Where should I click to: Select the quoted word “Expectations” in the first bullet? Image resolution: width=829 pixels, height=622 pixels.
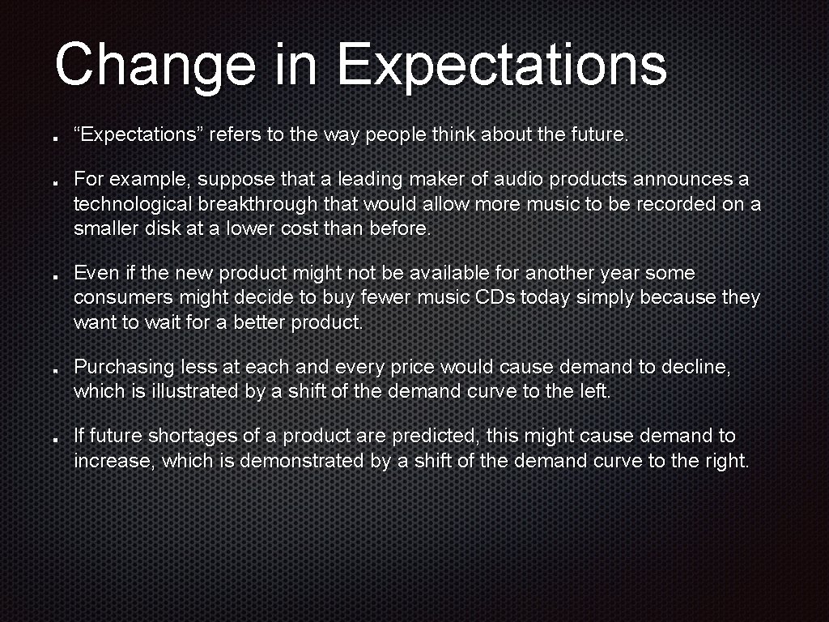[x=138, y=135]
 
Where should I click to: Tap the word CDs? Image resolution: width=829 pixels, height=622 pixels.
[x=495, y=298]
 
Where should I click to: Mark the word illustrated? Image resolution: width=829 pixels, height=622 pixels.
[x=192, y=392]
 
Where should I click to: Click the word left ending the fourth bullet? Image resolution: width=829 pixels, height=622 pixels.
[x=594, y=392]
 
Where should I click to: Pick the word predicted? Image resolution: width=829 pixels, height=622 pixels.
[x=437, y=437]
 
